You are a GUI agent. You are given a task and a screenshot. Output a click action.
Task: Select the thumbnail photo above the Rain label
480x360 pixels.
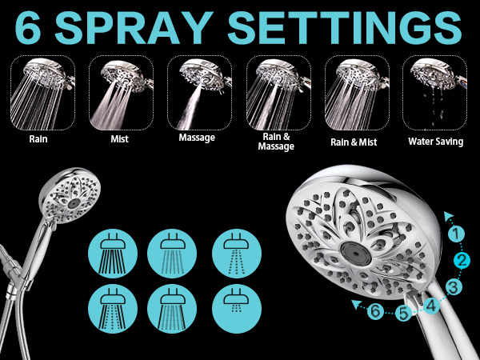click(42, 92)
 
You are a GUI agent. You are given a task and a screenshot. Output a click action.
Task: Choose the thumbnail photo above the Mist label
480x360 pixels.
click(121, 92)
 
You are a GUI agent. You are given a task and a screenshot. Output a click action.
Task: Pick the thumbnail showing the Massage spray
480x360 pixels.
click(199, 92)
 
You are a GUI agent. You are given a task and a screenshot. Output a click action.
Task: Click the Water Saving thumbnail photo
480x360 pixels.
click(434, 92)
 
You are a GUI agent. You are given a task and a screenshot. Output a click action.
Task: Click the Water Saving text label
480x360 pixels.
click(434, 142)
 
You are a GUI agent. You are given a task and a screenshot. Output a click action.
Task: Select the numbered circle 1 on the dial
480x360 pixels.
click(455, 234)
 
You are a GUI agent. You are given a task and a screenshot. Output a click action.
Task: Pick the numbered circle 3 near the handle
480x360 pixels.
click(453, 286)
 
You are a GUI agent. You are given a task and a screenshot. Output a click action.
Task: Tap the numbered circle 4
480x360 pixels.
click(430, 304)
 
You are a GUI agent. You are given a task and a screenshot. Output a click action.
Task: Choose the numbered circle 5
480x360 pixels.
click(404, 314)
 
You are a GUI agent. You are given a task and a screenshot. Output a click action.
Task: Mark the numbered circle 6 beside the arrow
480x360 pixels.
click(375, 311)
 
